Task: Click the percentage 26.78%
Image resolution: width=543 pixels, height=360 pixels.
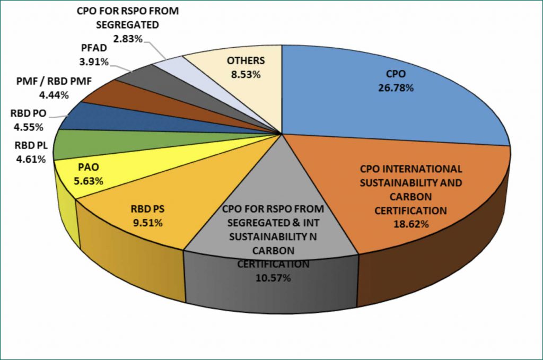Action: pos(396,87)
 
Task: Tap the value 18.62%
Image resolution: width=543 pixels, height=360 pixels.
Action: pos(410,224)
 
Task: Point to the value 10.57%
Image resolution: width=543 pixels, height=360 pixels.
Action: pos(273,277)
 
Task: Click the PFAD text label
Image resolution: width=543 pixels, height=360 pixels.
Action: pos(94,50)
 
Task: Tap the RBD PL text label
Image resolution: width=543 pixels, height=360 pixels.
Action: pos(28,146)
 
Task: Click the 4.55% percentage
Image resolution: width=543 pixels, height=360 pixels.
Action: pos(28,127)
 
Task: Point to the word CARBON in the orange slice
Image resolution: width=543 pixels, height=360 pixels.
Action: pos(410,197)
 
